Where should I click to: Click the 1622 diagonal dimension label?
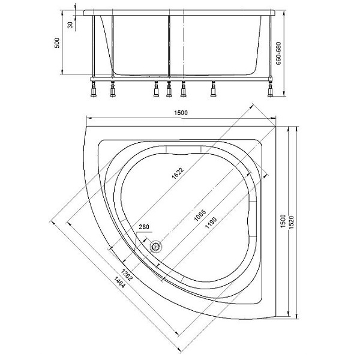[x=178, y=173]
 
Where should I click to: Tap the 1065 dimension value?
[x=200, y=215]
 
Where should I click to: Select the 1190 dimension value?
[x=211, y=223]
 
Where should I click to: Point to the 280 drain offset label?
[x=144, y=227]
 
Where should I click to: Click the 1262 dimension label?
[x=127, y=275]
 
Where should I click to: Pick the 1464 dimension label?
[x=119, y=282]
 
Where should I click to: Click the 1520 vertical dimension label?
[x=291, y=222]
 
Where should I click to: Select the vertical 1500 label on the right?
[x=283, y=221]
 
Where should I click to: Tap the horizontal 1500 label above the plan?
[x=181, y=113]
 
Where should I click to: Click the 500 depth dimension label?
[x=57, y=43]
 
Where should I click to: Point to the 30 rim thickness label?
[x=70, y=25]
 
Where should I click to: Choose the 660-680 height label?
[x=278, y=53]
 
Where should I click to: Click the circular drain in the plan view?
[x=157, y=247]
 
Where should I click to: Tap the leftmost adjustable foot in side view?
[x=94, y=89]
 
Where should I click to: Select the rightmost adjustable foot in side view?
[x=271, y=89]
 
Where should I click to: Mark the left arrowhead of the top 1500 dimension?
[x=89, y=118]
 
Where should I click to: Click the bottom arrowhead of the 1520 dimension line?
[x=297, y=316]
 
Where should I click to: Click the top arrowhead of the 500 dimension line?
[x=62, y=13]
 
